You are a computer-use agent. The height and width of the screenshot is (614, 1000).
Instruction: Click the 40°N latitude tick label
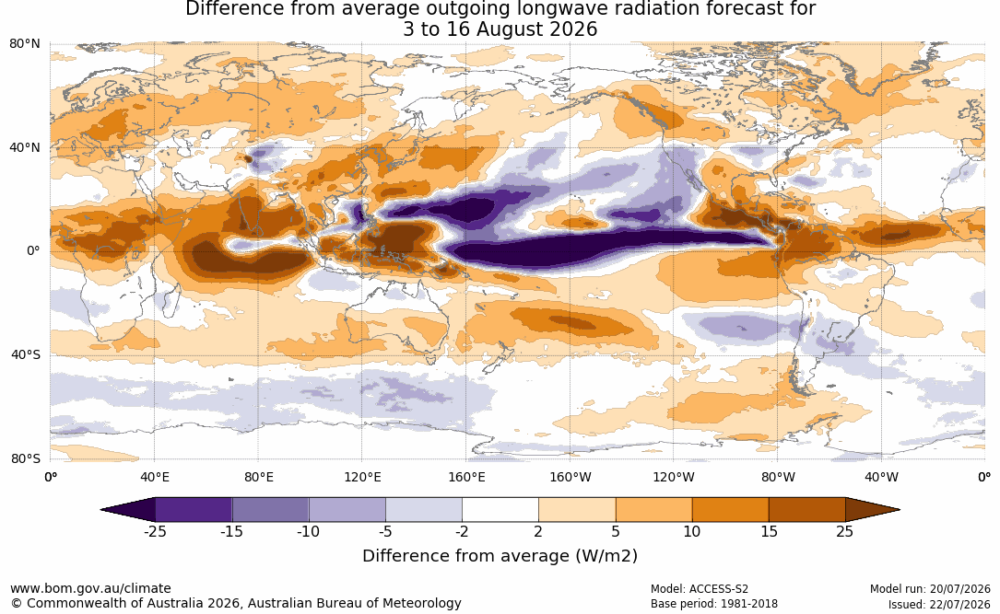click(25, 148)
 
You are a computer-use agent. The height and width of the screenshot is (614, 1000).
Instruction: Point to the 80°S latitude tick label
click(26, 458)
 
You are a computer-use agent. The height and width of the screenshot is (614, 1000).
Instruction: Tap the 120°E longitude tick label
click(362, 477)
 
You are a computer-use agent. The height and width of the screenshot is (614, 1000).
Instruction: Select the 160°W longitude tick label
click(571, 477)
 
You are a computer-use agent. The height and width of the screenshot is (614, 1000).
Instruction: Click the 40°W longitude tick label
click(881, 477)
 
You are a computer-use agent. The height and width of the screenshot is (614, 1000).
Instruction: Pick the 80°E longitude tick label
click(258, 477)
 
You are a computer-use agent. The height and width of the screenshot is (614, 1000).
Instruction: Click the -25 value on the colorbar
click(155, 531)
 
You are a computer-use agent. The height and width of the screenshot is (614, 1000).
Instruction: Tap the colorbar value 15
click(770, 531)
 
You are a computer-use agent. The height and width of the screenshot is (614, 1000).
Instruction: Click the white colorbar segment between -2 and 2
click(500, 510)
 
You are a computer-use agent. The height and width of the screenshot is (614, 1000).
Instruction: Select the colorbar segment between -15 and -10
click(270, 510)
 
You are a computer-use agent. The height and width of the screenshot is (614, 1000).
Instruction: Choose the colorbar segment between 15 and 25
click(807, 510)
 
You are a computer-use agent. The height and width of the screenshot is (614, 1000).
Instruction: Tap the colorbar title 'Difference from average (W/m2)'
click(500, 555)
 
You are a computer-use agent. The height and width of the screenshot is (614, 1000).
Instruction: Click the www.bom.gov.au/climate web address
click(90, 588)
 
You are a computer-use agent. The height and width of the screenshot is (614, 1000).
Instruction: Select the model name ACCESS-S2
click(719, 589)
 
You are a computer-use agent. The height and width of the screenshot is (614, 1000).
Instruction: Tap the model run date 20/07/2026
click(961, 589)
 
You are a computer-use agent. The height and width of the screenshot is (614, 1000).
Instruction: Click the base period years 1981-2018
click(747, 604)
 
